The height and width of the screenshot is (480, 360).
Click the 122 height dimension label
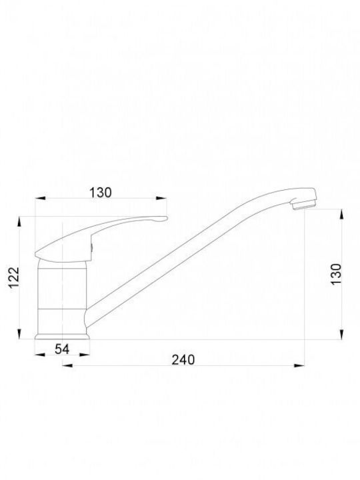14,277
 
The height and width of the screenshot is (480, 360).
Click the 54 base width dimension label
62,349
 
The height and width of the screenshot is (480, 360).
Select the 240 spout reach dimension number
183,360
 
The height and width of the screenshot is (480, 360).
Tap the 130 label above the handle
101,193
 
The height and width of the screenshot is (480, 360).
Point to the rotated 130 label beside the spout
336,274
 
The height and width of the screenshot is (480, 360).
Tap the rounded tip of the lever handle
164,218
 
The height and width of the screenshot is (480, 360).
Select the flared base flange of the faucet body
62,336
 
